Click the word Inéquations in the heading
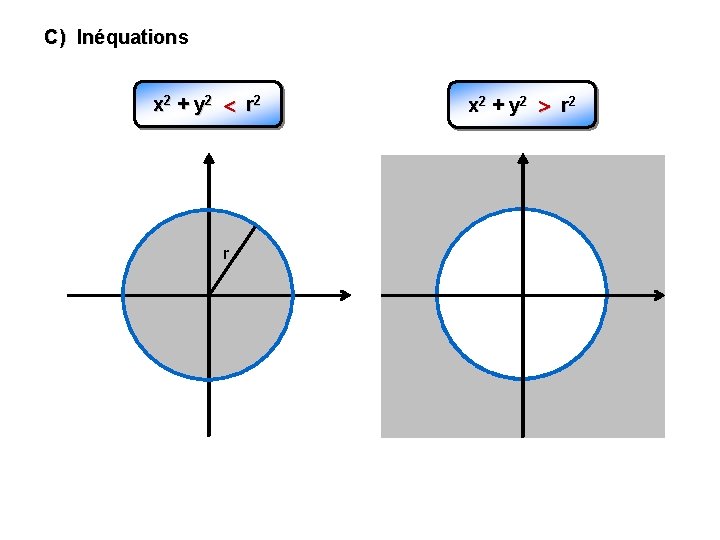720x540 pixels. [132, 38]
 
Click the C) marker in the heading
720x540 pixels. [55, 38]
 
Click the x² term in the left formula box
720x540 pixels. [160, 103]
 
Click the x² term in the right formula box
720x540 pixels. [477, 104]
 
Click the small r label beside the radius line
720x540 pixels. [225, 252]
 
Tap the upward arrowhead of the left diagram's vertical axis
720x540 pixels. [209, 157]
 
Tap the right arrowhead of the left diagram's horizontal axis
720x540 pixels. [346, 295]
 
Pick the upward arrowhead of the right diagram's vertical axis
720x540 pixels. [523, 157]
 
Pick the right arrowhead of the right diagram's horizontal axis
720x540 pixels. [660, 295]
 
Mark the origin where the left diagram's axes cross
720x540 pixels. [209, 295]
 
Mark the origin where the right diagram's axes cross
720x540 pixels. [523, 295]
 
